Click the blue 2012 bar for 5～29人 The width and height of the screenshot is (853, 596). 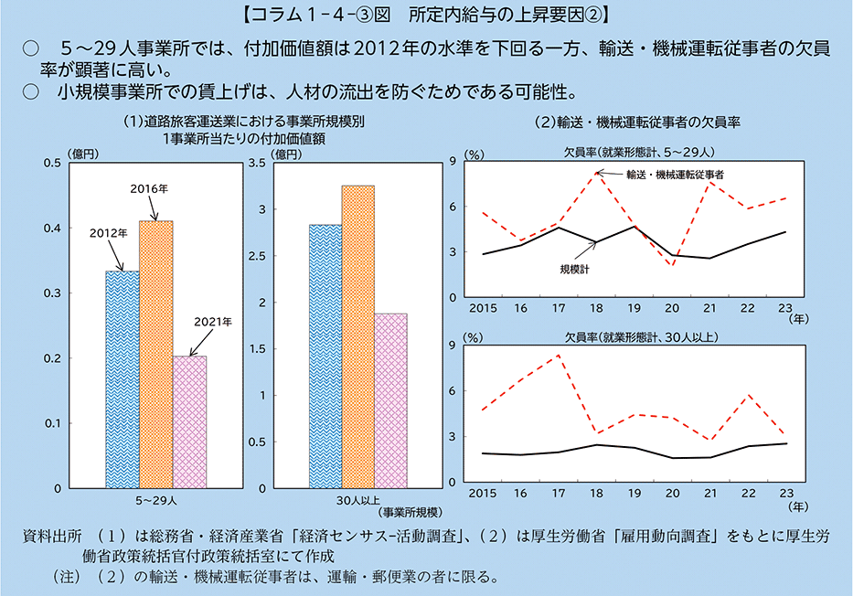point(123,378)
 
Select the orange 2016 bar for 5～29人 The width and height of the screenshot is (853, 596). point(155,354)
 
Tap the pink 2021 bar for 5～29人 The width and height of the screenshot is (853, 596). point(189,421)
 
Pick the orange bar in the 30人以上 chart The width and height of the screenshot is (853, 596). point(357,336)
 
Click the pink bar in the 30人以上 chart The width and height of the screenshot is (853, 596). point(390,400)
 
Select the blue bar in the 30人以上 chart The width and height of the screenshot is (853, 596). point(325,356)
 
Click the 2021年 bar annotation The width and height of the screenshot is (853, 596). point(214,322)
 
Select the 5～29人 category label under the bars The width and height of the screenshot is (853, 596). point(155,501)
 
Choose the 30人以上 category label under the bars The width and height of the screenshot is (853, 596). point(357,501)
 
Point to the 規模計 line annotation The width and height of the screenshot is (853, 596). point(575,269)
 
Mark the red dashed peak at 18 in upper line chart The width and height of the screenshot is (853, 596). point(596,171)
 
